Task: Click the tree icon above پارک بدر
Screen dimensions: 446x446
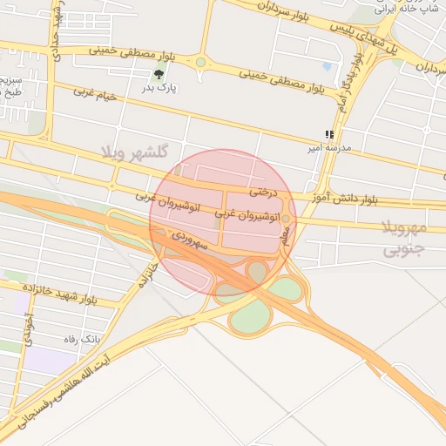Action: (158, 74)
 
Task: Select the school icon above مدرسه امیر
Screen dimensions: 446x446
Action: (328, 134)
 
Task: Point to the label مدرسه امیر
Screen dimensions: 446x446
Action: (328, 147)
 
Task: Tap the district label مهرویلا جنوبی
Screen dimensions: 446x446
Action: (416, 239)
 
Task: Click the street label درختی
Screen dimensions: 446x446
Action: (261, 189)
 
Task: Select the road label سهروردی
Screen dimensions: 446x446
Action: (190, 240)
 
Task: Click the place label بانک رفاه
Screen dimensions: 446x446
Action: (83, 338)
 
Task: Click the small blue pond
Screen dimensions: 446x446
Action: (327, 65)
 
